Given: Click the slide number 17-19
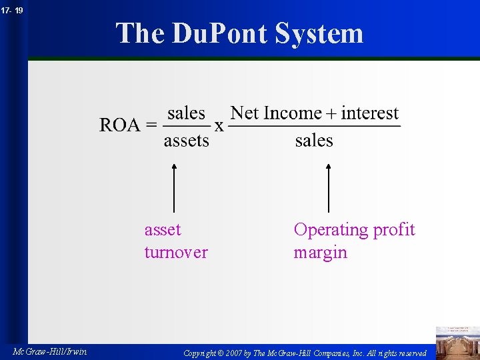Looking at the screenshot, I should click(13, 10).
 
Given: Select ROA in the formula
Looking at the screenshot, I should click(119, 125).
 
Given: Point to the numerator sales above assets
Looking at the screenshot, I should click(186, 113).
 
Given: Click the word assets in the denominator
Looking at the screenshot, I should click(186, 140).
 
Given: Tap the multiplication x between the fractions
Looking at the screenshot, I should click(219, 126).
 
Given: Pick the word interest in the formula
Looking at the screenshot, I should click(369, 113).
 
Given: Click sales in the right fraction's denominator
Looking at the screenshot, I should click(314, 140).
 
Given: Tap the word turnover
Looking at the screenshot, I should click(176, 252).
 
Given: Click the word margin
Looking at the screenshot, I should click(320, 252).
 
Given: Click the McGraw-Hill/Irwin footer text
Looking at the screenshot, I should click(49, 351).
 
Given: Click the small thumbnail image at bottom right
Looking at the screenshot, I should click(457, 342).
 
